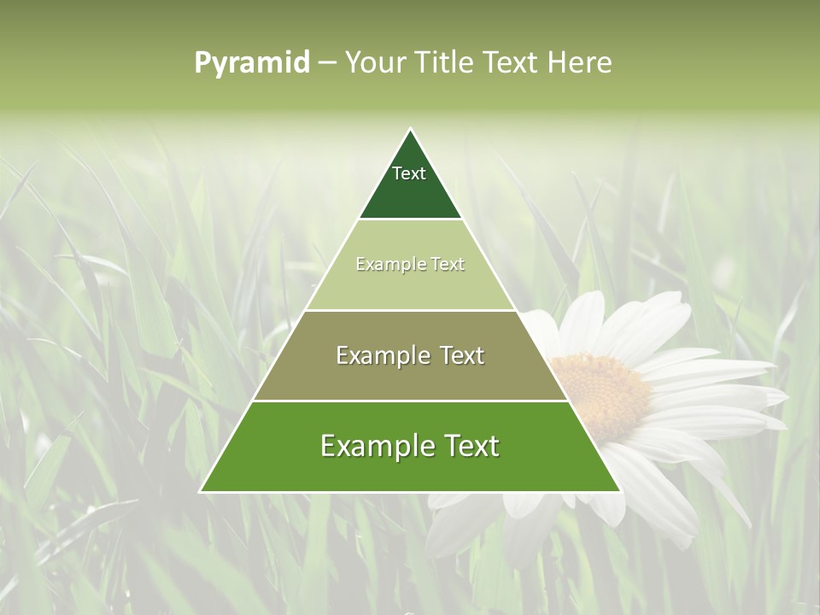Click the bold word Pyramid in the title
click(252, 62)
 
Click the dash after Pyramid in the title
click(326, 62)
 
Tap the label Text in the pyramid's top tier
click(409, 173)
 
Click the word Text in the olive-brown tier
click(462, 355)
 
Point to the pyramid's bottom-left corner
click(201, 492)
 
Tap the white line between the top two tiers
click(410, 219)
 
